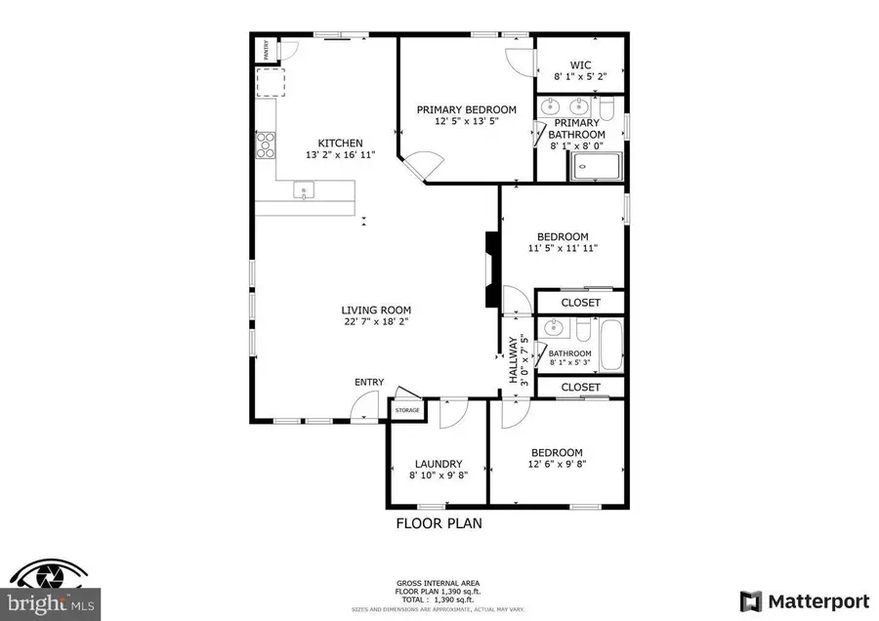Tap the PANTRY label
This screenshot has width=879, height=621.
tap(264, 50)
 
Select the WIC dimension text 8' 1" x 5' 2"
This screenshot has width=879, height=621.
tap(580, 76)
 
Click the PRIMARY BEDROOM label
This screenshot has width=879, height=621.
tap(466, 109)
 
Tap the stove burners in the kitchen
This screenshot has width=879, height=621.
tap(265, 145)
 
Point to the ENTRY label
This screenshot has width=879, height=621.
tap(369, 382)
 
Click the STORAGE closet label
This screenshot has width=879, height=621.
tap(407, 410)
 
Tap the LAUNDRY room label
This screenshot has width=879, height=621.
tap(438, 464)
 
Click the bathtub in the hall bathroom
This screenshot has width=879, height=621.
tap(611, 345)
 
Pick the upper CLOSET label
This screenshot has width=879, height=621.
tap(580, 303)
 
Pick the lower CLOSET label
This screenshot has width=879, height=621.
tap(580, 388)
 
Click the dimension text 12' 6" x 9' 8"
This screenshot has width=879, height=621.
tap(557, 465)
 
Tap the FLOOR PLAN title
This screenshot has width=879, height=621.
tap(439, 523)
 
